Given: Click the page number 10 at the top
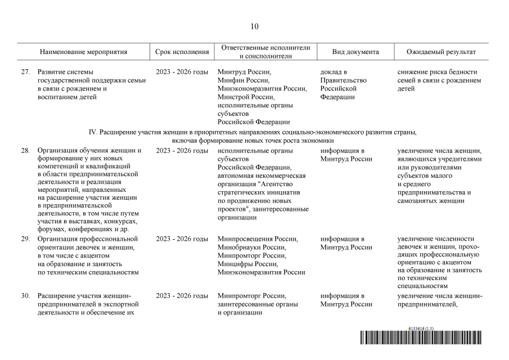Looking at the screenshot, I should click(x=254, y=26).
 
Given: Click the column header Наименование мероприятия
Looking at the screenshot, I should click(x=83, y=52).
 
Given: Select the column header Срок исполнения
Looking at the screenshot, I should click(x=182, y=52).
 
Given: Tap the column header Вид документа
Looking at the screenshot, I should click(x=355, y=52).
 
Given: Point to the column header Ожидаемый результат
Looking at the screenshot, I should click(x=441, y=52).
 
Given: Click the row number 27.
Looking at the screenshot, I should click(x=25, y=72).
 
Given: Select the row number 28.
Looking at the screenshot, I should click(x=25, y=151).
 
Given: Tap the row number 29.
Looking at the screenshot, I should click(x=25, y=239).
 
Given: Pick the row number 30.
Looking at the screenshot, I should click(x=25, y=296).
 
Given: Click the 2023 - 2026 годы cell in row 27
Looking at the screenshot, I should click(x=182, y=72).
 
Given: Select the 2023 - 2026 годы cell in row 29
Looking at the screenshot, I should click(x=182, y=239).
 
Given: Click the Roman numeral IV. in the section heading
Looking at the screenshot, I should click(x=94, y=132).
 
